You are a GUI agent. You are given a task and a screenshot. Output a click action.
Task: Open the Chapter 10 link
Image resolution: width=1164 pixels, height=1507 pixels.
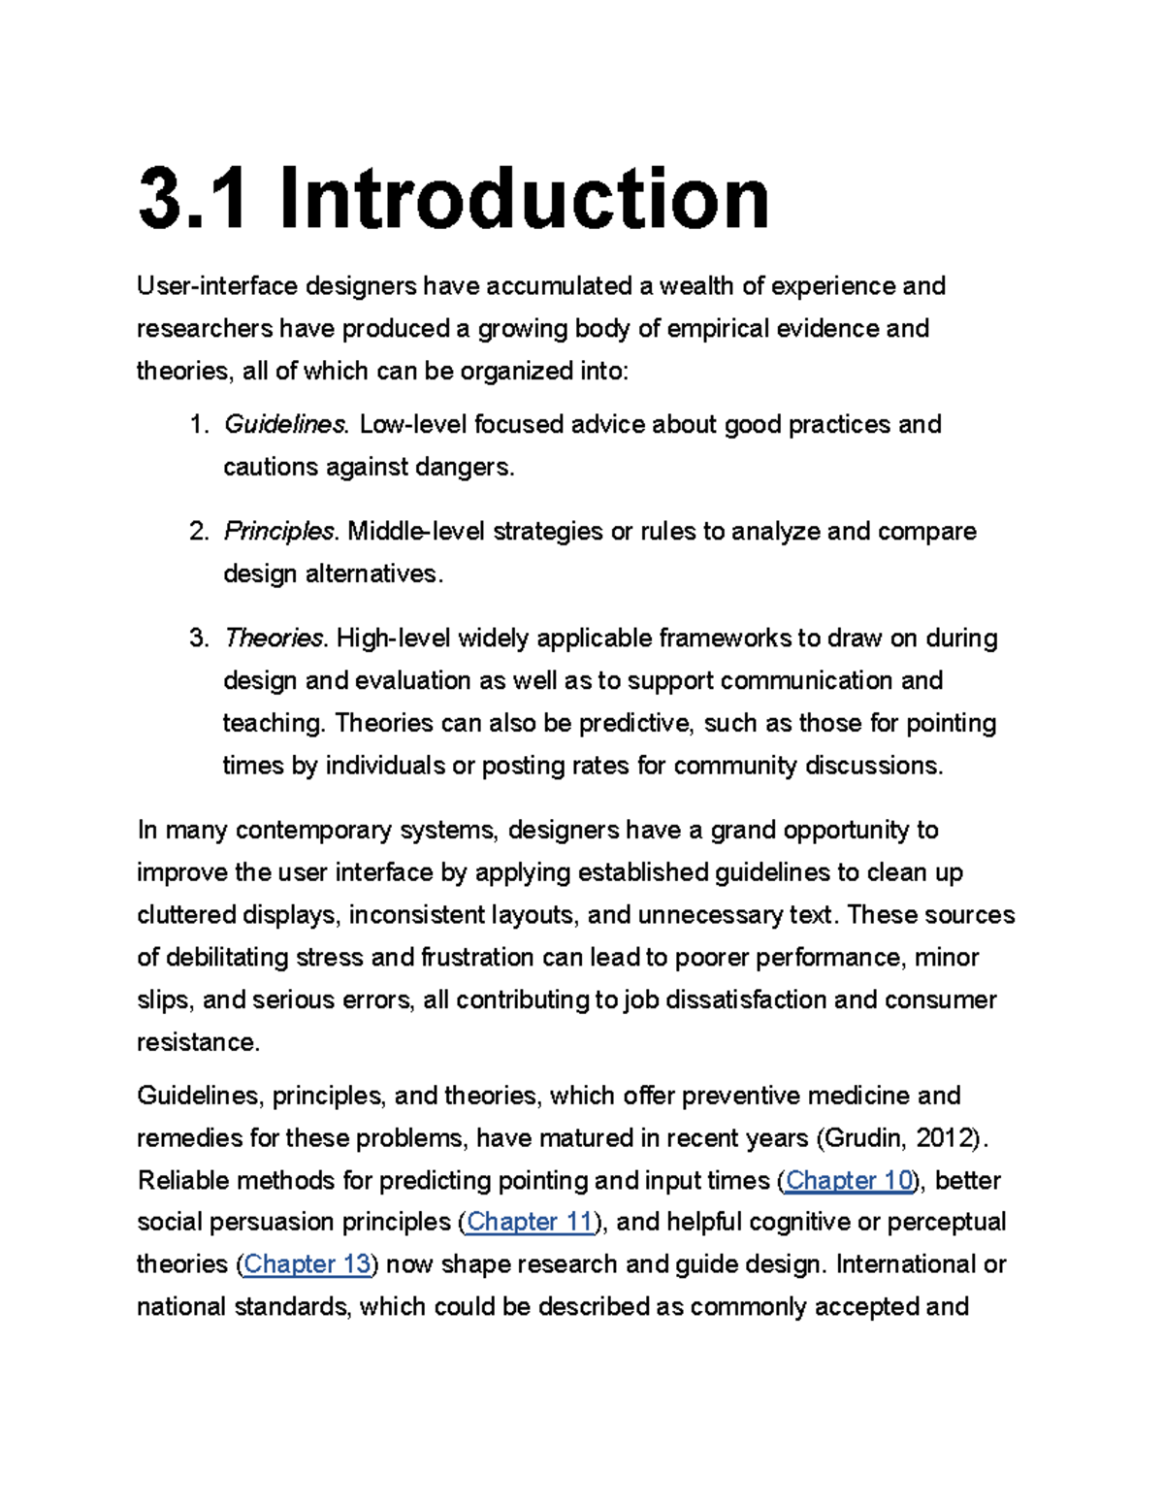(849, 1180)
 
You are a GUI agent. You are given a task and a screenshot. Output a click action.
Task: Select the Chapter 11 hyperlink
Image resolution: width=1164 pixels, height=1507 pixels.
(531, 1222)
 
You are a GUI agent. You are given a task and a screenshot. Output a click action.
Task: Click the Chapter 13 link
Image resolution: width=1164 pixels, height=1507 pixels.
(307, 1263)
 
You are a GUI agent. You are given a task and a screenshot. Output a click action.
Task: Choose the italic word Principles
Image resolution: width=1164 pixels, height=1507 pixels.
(279, 532)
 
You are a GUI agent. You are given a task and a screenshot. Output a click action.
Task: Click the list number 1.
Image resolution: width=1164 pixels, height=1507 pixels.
(198, 425)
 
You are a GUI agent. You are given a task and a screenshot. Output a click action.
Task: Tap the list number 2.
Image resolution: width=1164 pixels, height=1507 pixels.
(198, 532)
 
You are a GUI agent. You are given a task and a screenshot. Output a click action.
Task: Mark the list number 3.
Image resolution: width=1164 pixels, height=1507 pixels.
(198, 639)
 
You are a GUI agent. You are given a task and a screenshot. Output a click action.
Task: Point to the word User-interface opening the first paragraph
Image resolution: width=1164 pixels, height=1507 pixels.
(217, 286)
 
